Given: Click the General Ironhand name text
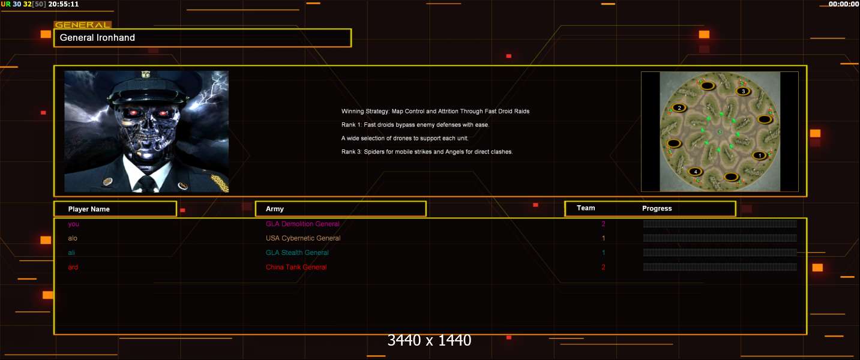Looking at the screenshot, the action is click(x=97, y=38).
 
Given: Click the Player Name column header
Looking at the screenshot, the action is click(x=89, y=209).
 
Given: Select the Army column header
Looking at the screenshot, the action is click(x=274, y=209).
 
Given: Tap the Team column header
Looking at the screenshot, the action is click(x=586, y=208).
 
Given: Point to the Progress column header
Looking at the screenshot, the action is click(x=657, y=208).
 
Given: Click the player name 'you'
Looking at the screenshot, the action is click(x=73, y=224).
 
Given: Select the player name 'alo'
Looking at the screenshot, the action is click(x=73, y=238).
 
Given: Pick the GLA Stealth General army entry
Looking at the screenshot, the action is click(x=297, y=253).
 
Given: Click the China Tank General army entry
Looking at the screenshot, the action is click(x=296, y=267).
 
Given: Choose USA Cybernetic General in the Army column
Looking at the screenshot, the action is click(x=303, y=238).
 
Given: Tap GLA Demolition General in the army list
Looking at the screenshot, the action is click(x=302, y=224).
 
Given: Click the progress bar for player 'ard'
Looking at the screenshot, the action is click(x=720, y=267).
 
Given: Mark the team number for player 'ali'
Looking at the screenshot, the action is click(x=603, y=253).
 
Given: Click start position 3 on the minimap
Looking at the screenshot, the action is click(x=744, y=91).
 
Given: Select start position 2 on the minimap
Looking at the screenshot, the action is click(x=679, y=108).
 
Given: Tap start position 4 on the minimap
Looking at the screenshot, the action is click(x=696, y=172).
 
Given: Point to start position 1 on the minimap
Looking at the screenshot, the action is click(x=759, y=155).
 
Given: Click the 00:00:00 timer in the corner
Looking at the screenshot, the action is click(x=843, y=4).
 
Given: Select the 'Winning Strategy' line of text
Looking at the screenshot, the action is click(x=435, y=112).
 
